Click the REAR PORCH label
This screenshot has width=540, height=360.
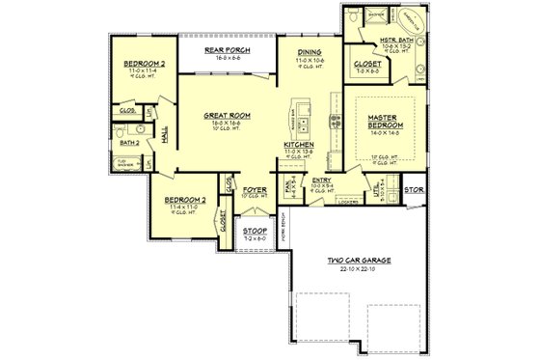(x=228, y=49)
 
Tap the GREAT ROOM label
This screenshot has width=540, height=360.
(x=228, y=115)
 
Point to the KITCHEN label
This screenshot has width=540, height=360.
(x=298, y=145)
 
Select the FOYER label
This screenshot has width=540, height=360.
(x=253, y=189)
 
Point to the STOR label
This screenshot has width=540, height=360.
(x=414, y=191)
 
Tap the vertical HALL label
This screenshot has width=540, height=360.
(x=165, y=141)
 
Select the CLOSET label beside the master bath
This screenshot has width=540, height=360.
(x=371, y=64)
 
